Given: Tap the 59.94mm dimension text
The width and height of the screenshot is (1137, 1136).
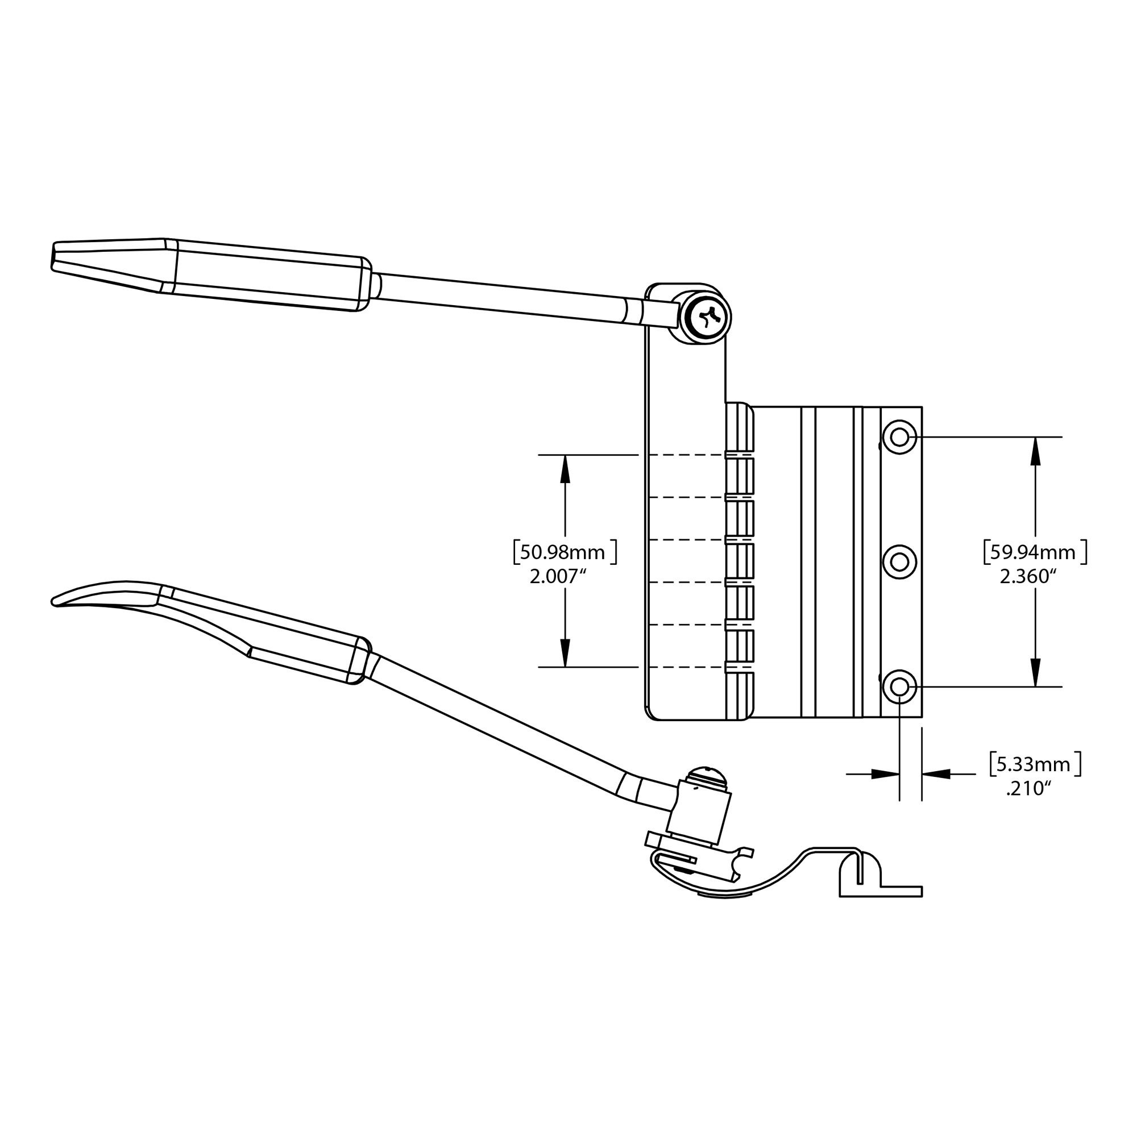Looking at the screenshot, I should click(1035, 552).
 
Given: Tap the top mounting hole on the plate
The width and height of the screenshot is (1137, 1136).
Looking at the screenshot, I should click(899, 437).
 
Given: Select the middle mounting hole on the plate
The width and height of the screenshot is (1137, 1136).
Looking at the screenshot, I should click(899, 562).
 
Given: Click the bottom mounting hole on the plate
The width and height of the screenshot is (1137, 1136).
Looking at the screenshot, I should click(899, 686).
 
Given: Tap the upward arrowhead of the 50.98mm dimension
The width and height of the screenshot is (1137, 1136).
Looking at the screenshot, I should click(565, 469).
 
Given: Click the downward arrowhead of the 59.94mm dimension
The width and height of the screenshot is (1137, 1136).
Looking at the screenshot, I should click(1036, 672).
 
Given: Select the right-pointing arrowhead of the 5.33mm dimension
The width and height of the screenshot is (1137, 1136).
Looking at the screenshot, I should click(885, 774).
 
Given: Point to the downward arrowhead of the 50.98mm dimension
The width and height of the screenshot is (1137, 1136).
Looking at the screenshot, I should click(565, 653).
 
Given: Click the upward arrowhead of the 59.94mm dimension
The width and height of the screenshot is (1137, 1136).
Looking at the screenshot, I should click(1036, 451).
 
